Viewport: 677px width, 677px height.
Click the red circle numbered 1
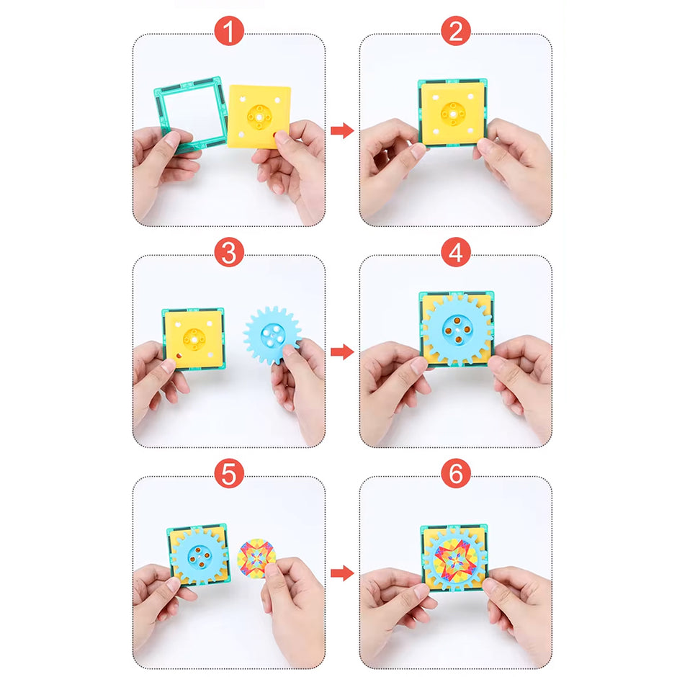click(229, 32)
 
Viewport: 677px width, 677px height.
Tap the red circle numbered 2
click(455, 32)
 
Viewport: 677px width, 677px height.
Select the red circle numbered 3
click(229, 254)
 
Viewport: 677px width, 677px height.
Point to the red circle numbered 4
click(455, 254)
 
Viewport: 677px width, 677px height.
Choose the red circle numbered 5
click(229, 473)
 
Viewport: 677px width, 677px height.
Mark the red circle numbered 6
click(455, 473)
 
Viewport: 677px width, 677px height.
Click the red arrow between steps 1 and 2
click(342, 130)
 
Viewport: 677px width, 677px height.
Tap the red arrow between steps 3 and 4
click(342, 351)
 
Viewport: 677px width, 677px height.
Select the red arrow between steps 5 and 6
click(342, 573)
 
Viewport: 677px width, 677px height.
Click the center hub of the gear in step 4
click(456, 328)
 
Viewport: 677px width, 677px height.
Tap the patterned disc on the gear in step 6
click(455, 557)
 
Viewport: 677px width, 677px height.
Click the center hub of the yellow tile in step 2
click(452, 112)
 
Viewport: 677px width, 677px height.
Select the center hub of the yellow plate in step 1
click(259, 115)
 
